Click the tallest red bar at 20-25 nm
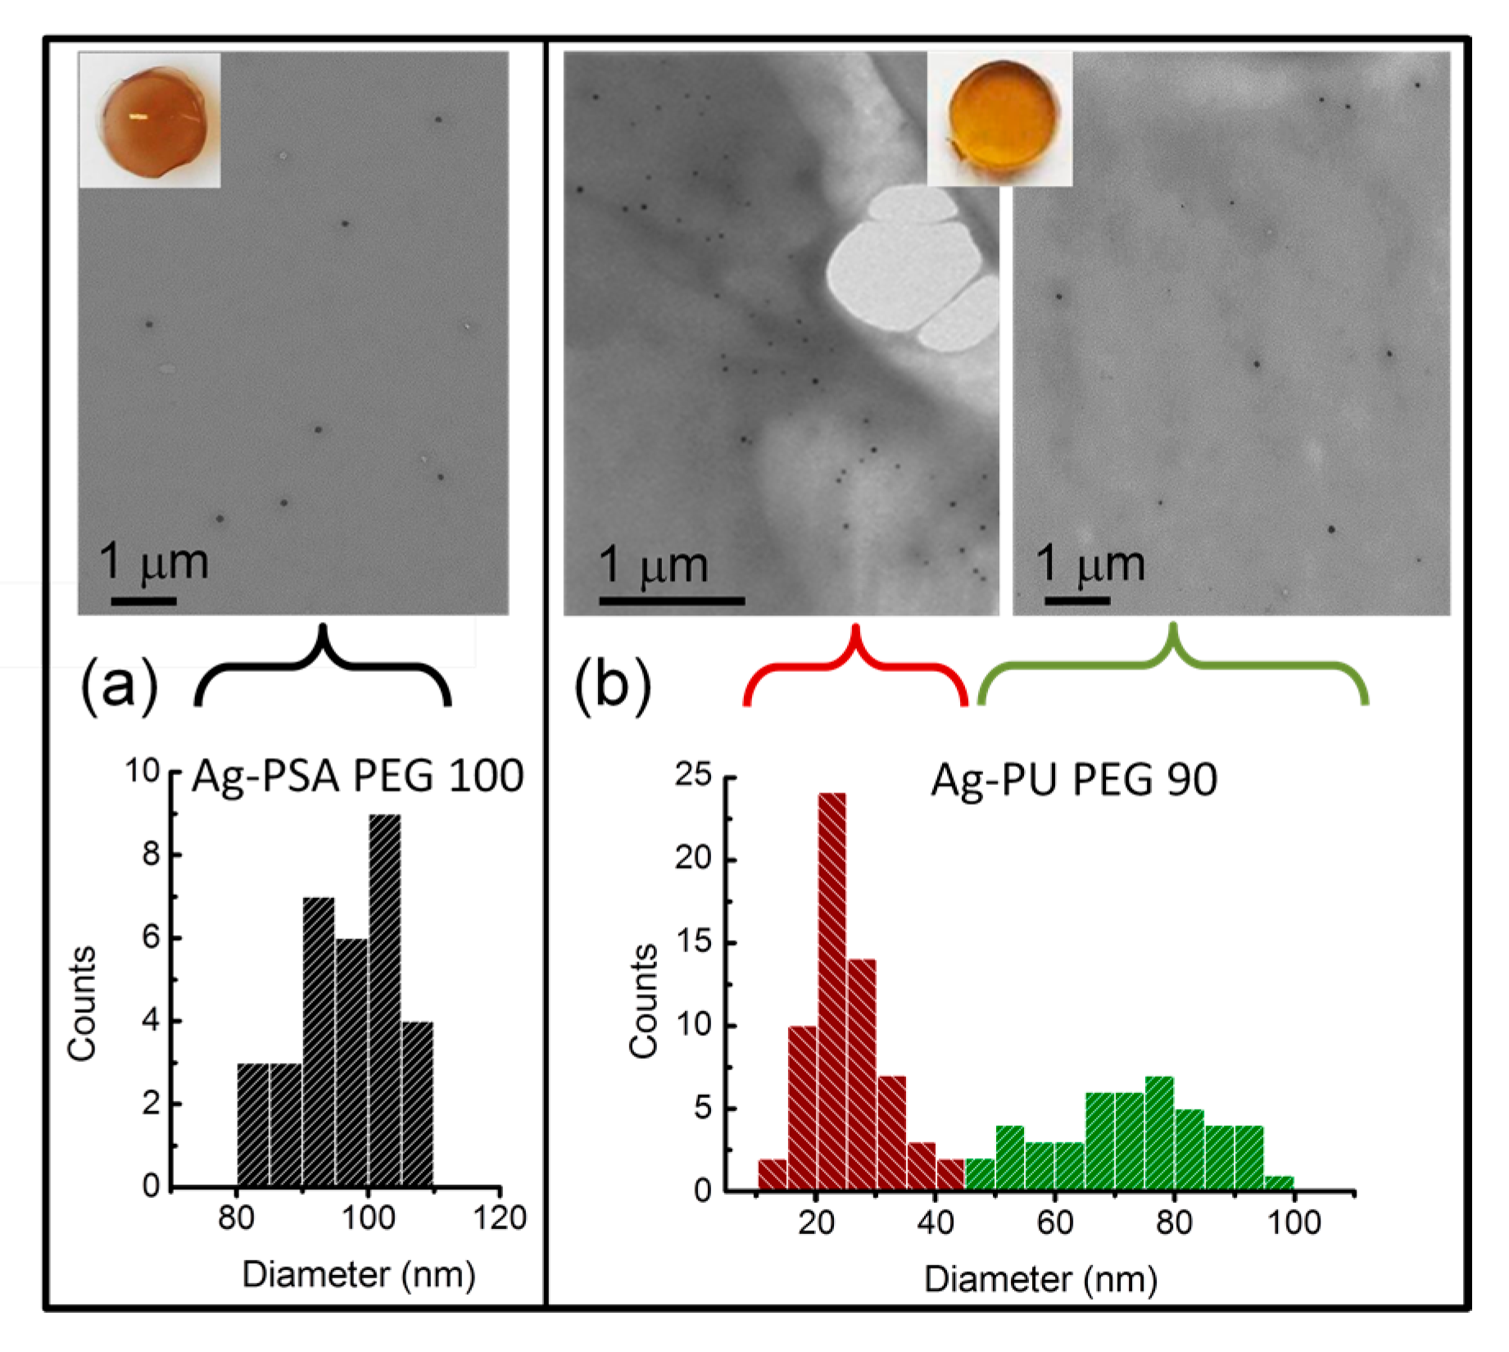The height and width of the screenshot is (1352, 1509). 832,991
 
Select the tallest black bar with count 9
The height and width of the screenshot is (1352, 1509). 384,1000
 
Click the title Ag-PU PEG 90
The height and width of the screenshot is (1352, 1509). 1073,780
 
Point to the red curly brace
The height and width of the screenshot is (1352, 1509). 856,668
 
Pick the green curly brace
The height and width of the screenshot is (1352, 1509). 1173,668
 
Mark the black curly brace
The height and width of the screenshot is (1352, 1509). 323,668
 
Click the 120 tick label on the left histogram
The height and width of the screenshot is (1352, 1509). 500,1218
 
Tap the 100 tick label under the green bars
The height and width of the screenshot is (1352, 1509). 1294,1223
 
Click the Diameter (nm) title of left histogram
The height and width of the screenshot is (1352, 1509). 359,1275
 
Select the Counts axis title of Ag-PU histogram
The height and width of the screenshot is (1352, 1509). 644,1001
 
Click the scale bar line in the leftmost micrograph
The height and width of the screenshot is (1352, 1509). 143,601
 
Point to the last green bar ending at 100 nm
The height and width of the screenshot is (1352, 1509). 1279,1182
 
